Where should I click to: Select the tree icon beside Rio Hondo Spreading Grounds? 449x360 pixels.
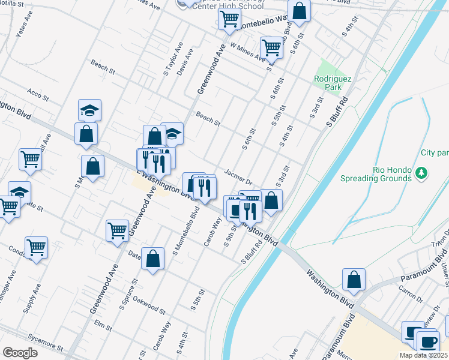pyautogui.click(x=421, y=174)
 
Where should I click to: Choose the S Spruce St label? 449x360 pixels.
pyautogui.click(x=128, y=294)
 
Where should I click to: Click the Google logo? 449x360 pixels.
pyautogui.click(x=20, y=353)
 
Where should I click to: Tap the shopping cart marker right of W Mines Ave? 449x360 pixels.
pyautogui.click(x=272, y=46)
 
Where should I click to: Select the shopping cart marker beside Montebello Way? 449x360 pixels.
pyautogui.click(x=229, y=19)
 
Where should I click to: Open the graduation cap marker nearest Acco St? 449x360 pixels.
pyautogui.click(x=89, y=110)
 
